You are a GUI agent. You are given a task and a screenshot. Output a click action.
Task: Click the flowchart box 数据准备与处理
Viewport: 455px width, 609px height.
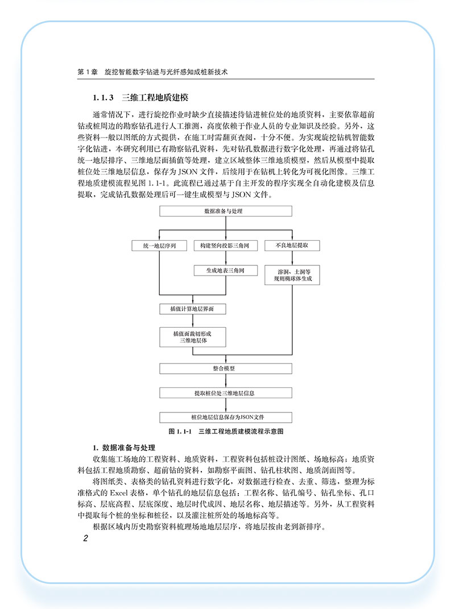coord(226,211)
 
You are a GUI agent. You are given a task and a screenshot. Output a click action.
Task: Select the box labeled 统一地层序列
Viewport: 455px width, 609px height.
coord(159,245)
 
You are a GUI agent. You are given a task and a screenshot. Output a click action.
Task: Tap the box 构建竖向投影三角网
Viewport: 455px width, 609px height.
coord(226,245)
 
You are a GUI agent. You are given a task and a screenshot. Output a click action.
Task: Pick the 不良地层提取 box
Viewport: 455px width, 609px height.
coord(292,245)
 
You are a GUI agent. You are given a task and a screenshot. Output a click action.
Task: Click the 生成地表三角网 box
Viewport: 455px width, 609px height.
coord(226,271)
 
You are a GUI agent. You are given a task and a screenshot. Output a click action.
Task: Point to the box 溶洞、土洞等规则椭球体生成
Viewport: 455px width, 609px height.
coord(292,277)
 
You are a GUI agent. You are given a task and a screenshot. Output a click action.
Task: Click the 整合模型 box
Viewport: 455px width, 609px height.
coord(226,368)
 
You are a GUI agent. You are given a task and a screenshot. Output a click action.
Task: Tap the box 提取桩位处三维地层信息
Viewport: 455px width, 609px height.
coord(226,393)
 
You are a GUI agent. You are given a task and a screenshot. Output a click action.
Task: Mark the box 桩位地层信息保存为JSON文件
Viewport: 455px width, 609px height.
coord(226,417)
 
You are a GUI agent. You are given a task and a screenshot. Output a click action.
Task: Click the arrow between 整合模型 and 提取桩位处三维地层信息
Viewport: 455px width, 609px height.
coord(226,381)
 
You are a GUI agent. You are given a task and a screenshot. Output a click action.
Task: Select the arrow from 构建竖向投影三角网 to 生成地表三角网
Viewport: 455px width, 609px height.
coord(226,258)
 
